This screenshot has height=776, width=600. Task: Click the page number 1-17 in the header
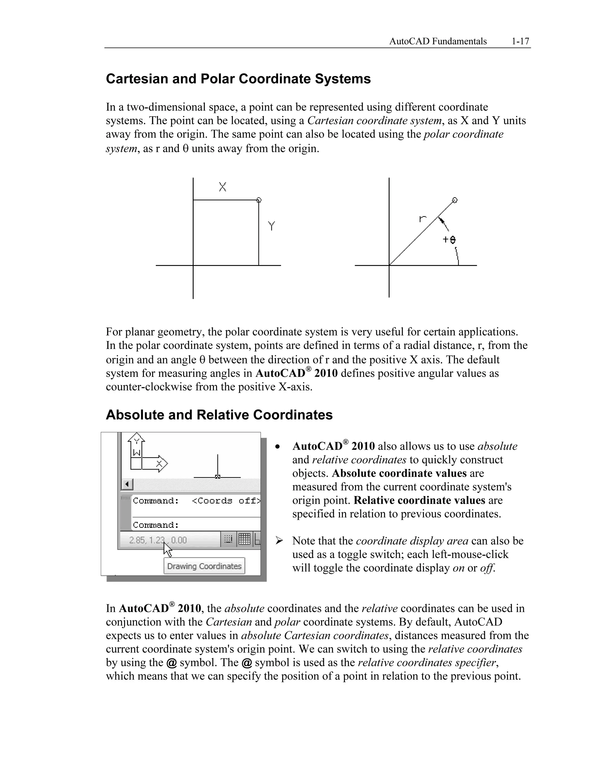coord(520,42)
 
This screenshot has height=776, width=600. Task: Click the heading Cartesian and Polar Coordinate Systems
coord(238,79)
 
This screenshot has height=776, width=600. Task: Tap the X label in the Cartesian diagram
coord(223,187)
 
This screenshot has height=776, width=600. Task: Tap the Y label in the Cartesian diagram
coord(272,226)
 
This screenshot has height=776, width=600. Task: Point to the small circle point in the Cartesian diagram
coord(259,200)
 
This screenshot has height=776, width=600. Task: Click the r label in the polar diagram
coord(422,218)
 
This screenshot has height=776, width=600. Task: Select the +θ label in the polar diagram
coord(449,240)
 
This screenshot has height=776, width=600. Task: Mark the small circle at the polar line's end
coord(455,200)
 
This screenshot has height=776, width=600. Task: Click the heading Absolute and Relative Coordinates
coord(219,415)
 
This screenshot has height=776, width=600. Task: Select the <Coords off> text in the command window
coord(226,501)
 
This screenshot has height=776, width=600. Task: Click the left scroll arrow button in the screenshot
coord(127,484)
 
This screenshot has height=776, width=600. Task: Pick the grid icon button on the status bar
coord(244,539)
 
